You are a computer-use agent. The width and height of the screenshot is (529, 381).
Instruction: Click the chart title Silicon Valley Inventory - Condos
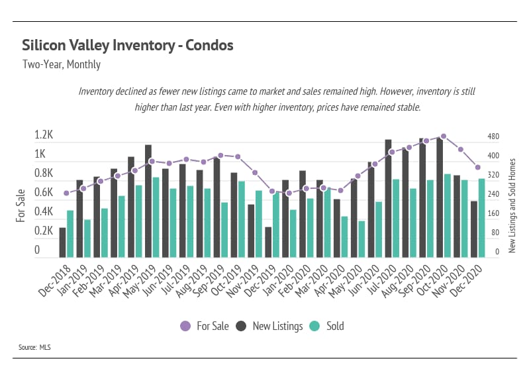[x=127, y=46]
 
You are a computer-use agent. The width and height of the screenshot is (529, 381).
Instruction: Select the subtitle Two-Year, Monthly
[x=61, y=65]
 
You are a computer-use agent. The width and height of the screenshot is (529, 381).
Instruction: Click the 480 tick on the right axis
[x=493, y=136]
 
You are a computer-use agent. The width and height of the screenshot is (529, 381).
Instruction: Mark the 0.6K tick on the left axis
[x=44, y=192]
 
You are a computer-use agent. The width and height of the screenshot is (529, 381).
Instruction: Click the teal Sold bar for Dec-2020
[x=482, y=217]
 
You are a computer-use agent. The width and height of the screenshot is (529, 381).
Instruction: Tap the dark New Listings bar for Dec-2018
[x=62, y=242]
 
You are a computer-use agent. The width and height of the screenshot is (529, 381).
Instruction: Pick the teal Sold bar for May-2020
[x=361, y=239]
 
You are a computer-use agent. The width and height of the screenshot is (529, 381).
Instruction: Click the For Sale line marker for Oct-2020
[x=444, y=136]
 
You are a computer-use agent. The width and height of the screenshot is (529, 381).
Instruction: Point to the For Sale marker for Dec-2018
[x=66, y=193]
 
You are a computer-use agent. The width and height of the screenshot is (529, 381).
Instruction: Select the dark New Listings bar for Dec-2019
[x=268, y=242]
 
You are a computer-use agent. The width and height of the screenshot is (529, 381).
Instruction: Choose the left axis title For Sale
[x=21, y=205]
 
